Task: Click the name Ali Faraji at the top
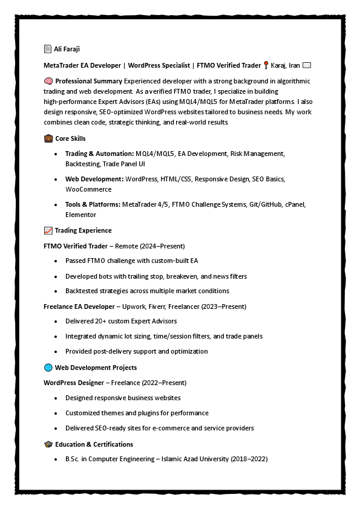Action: click(67, 49)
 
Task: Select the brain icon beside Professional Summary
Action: click(48, 81)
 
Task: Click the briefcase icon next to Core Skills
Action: click(48, 138)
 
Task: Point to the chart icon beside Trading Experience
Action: click(48, 230)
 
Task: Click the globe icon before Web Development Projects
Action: click(48, 368)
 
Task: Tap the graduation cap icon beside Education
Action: click(48, 444)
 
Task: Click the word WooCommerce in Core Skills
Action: click(88, 189)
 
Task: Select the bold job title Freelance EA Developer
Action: click(79, 306)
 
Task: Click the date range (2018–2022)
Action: click(249, 459)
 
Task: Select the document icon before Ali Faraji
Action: click(48, 49)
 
